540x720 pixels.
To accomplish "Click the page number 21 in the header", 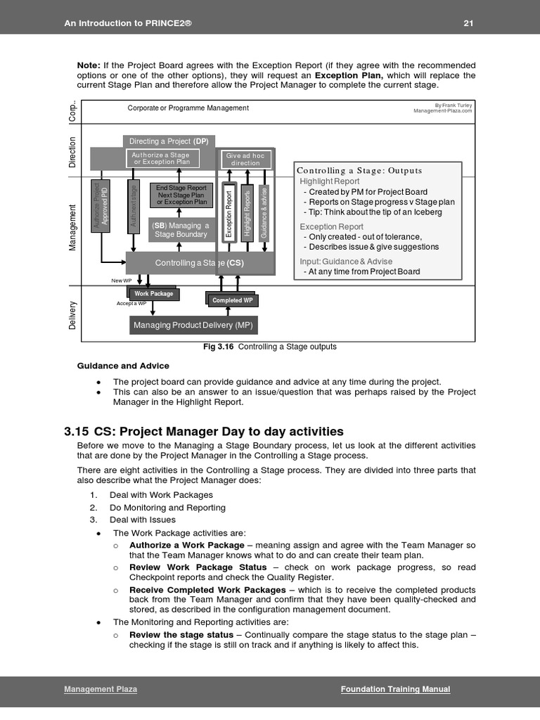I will pos(468,23).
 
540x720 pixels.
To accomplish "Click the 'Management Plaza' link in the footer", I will pos(101,689).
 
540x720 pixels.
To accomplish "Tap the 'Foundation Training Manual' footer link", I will pos(395,689).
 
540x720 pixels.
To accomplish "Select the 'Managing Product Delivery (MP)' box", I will pos(193,325).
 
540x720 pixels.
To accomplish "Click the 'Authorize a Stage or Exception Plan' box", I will pos(162,158).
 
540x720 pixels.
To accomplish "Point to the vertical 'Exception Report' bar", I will pos(229,213).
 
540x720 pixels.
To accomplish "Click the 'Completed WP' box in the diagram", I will pos(232,300).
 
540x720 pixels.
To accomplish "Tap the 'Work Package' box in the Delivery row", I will pos(154,294).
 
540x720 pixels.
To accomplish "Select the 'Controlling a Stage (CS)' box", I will pos(200,263).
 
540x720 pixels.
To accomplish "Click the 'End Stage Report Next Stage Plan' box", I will pos(181,195).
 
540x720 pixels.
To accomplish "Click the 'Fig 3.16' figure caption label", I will pos(218,347).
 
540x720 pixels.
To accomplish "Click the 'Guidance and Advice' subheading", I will pos(122,366).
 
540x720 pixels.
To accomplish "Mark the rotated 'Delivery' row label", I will pos(72,314).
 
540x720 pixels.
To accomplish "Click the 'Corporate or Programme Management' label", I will pos(188,108).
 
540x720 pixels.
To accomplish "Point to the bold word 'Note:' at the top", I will pos(89,65).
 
